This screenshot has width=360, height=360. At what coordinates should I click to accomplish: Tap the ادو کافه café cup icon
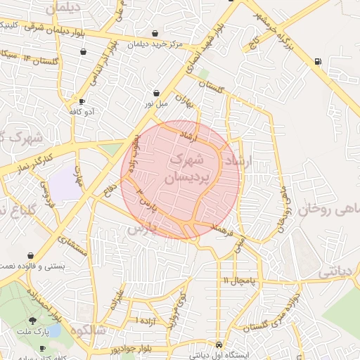(x=82, y=102)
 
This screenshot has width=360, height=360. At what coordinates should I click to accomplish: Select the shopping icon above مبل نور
(x=155, y=94)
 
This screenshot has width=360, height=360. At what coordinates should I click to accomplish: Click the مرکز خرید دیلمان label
(x=155, y=44)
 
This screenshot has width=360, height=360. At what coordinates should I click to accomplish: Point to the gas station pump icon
(x=319, y=61)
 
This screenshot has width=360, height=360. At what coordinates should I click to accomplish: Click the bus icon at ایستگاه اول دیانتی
(x=220, y=346)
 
